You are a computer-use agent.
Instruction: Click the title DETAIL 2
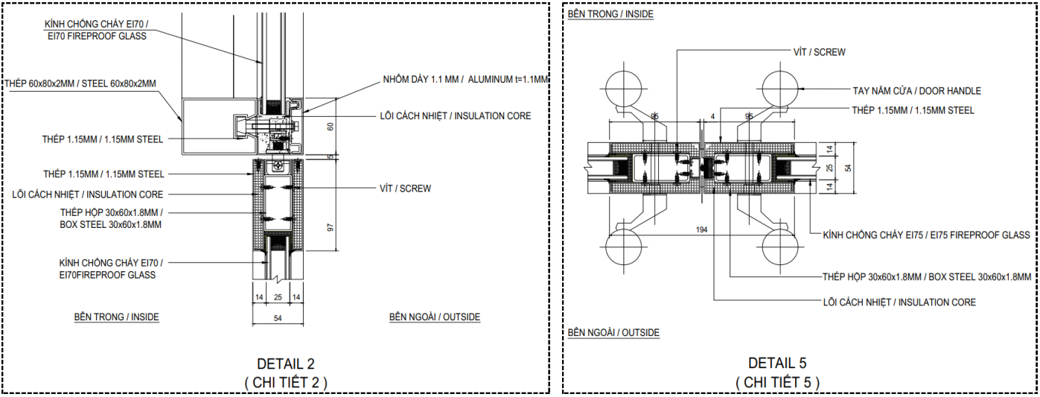286,363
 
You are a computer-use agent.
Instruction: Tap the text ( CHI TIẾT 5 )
777,382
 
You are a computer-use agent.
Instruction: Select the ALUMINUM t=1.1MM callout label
508,80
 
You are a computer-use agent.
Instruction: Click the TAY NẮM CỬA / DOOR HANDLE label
917,91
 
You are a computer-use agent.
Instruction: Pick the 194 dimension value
701,229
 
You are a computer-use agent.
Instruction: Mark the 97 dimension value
331,227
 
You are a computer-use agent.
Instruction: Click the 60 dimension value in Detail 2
331,126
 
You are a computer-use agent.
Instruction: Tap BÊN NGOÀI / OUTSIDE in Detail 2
435,317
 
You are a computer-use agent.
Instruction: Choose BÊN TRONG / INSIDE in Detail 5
610,14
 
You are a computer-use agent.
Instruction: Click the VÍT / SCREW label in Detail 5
820,52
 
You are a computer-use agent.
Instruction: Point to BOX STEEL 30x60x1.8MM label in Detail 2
110,225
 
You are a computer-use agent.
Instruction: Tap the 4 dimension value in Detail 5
712,116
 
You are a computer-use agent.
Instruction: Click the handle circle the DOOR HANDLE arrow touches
781,89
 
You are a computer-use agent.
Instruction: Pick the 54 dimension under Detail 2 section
278,319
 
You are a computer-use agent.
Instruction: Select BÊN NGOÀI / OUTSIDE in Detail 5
613,333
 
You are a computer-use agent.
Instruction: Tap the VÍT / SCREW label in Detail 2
405,188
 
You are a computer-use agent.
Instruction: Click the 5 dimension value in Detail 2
331,157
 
